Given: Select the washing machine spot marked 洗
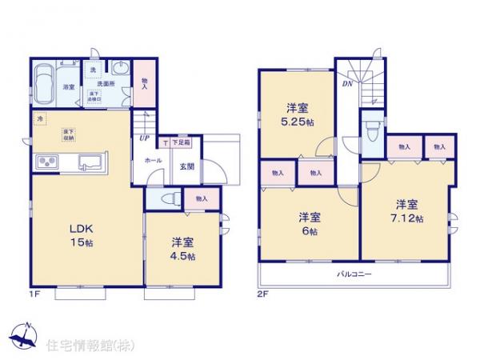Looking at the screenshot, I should coord(93,70).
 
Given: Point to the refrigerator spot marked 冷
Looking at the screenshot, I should coord(41,120).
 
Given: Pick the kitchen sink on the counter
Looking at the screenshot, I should coord(90,166).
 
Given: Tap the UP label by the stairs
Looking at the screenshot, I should coord(145,138).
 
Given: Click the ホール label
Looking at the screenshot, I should coord(154,160).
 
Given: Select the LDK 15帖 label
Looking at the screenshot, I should coord(81,232).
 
